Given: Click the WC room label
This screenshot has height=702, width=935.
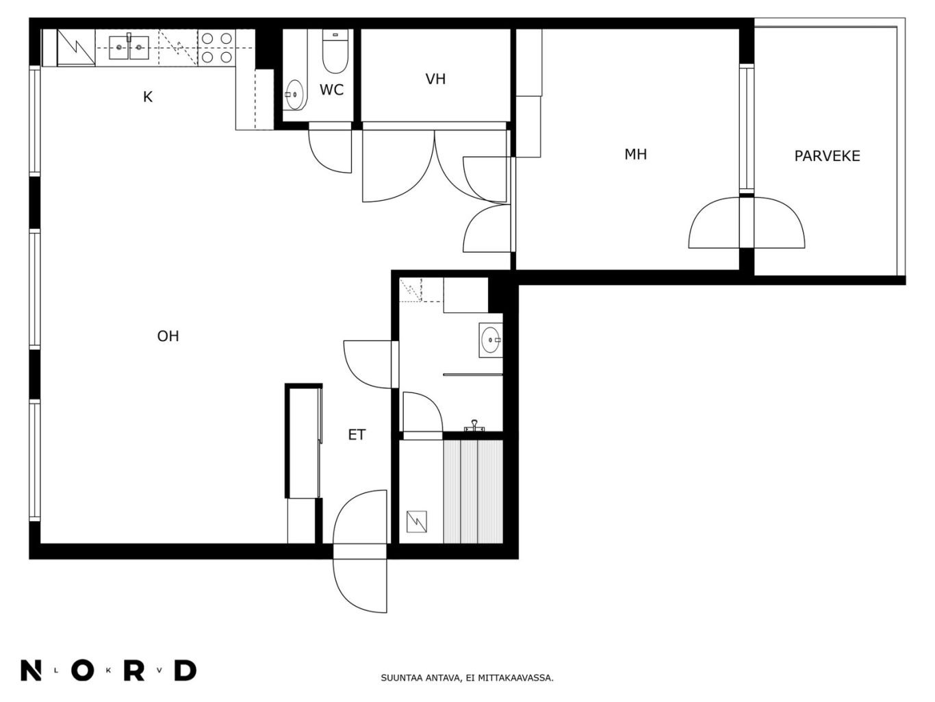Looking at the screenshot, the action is pos(331,90).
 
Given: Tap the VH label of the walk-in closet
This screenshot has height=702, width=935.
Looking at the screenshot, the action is pos(435,79).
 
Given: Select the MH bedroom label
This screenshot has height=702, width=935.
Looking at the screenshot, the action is pos(636,154).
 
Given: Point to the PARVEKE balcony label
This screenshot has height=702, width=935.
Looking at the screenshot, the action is pos(828,156).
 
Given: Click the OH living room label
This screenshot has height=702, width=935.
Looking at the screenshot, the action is pos(168,336).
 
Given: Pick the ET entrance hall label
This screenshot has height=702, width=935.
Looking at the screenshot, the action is pos(357,435).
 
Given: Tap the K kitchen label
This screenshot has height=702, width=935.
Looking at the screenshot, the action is pos(147,97).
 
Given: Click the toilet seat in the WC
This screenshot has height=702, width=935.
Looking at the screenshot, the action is pos(335,51).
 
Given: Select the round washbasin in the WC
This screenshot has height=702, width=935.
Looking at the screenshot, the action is pos(294,95).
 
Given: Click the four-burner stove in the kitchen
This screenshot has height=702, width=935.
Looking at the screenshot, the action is pos(216,48).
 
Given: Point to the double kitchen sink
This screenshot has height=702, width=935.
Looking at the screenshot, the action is pos(129,47).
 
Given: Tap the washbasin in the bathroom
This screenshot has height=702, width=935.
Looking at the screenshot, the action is pos(491,340).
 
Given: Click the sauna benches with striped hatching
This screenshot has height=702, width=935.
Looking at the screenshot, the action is pos(473,492).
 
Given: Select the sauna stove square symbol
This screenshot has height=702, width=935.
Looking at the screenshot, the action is pos(417,522).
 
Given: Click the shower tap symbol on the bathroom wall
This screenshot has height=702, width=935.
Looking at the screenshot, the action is pos(474,426).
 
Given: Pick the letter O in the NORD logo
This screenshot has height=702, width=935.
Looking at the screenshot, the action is pos(83,671).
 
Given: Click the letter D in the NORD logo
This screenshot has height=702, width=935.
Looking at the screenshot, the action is pos(185,671).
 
